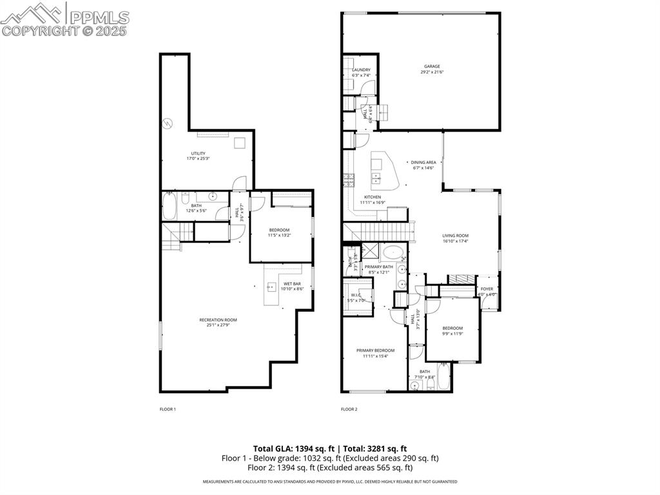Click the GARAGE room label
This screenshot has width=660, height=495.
click(432, 66)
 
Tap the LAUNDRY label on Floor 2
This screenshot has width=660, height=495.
click(361, 70)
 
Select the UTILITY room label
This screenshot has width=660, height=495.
click(198, 153)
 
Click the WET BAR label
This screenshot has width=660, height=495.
click(292, 283)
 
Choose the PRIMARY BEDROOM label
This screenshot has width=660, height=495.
click(375, 350)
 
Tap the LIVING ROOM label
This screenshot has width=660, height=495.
click(455, 236)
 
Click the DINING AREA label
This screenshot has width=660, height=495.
click(423, 162)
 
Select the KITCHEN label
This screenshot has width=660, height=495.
click(373, 197)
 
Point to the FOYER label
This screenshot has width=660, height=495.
click(487, 289)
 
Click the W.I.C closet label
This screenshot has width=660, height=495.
click(356, 296)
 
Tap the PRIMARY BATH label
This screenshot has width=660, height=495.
click(378, 267)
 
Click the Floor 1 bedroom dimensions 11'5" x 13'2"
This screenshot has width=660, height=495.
click(280, 236)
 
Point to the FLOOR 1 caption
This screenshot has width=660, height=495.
click(168, 409)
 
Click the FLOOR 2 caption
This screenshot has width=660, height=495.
click(349, 409)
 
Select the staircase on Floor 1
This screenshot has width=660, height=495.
click(172, 237)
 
